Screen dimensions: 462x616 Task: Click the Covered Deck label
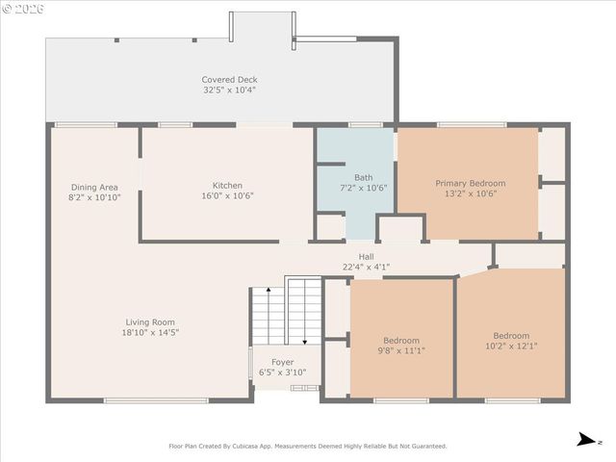click(229, 80)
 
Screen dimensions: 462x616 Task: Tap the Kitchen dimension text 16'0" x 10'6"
click(227, 196)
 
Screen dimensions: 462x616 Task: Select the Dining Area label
click(94, 187)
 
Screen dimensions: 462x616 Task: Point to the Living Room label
click(150, 322)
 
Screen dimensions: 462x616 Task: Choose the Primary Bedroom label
click(470, 183)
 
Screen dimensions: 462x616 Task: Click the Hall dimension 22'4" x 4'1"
click(366, 267)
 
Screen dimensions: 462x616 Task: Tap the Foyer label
click(282, 362)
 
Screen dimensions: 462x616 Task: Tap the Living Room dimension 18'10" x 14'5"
click(150, 333)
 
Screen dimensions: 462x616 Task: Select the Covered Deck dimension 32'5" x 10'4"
click(229, 90)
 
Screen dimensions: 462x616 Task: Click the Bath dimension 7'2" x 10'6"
click(363, 188)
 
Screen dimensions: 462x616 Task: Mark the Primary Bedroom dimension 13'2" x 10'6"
click(470, 193)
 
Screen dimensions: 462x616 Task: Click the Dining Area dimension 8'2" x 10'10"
click(94, 197)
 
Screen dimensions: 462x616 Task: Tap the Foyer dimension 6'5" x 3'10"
click(282, 372)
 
